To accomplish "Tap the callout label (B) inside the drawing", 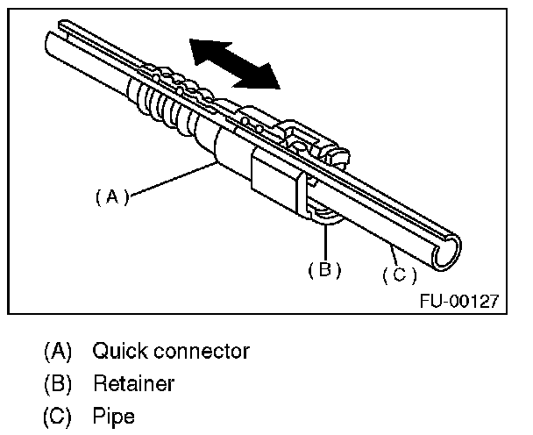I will (324, 269).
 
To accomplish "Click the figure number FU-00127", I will (458, 301).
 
